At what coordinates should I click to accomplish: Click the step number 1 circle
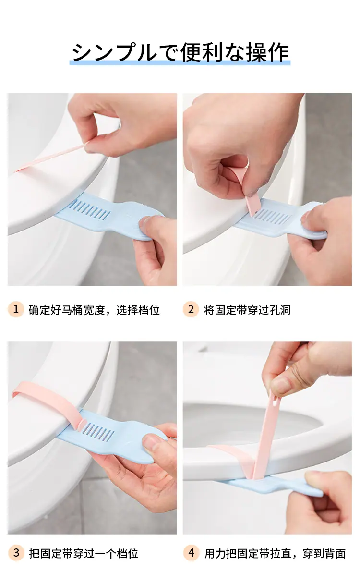coord(16,309)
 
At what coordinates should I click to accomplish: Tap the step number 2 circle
coord(191,309)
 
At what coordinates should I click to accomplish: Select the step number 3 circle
coord(16,553)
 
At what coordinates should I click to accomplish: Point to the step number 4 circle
coord(191,553)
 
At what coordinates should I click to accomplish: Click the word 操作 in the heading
coord(268,52)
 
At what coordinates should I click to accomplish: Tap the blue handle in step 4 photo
coord(270,487)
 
